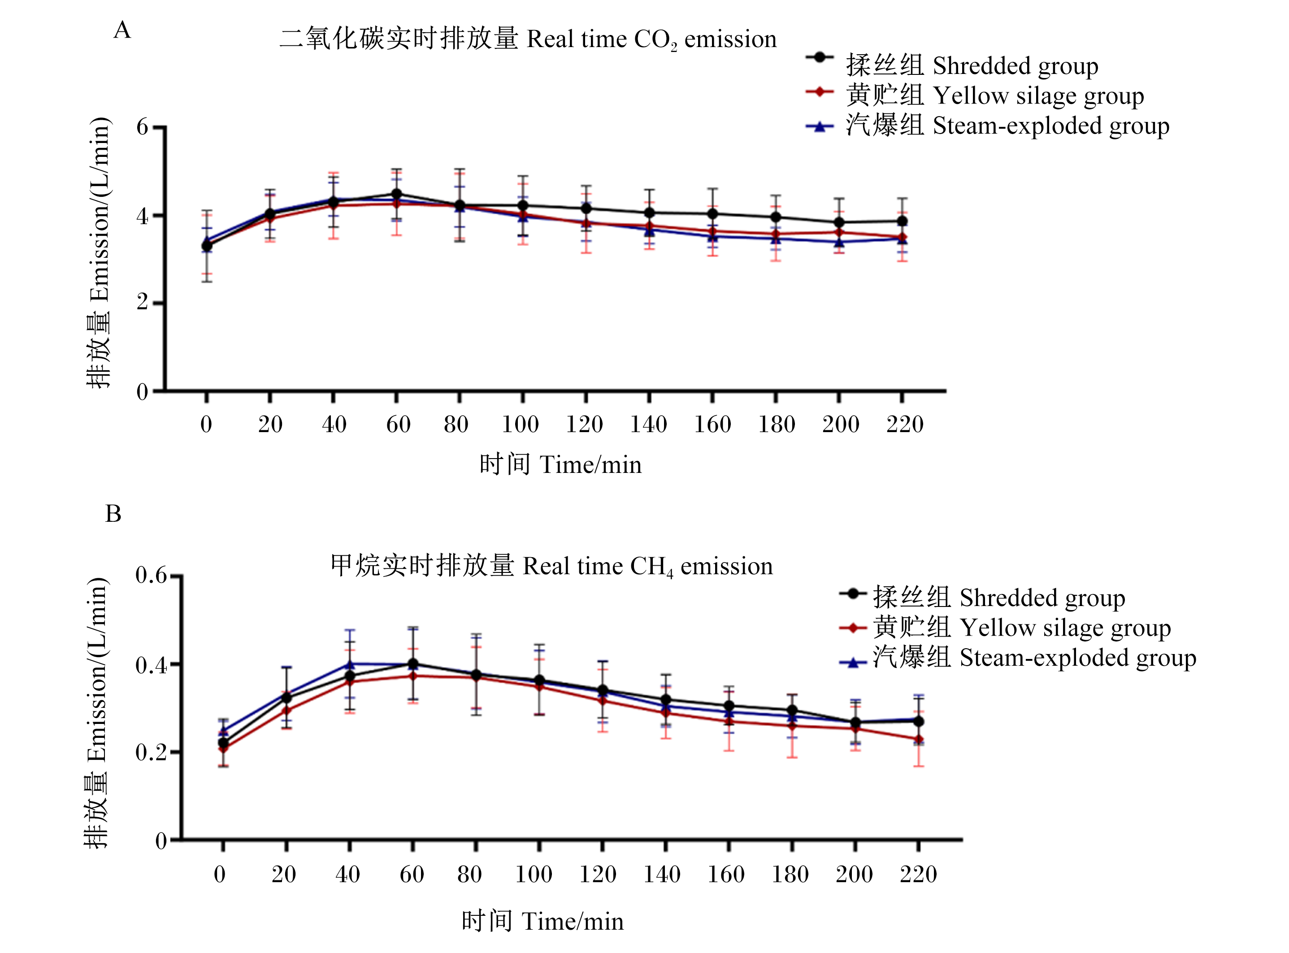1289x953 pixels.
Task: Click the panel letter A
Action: (122, 30)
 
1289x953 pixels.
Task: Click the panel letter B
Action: (113, 513)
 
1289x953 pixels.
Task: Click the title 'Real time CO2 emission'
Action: (651, 40)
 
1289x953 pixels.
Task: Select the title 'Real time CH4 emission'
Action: (647, 567)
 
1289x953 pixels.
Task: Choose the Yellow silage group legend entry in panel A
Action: (975, 95)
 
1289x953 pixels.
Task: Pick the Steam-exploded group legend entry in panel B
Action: (1018, 658)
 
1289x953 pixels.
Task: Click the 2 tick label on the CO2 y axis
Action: (143, 302)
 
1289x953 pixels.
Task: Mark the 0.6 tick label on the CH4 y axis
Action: (151, 575)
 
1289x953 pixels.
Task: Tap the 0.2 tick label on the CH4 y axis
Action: (151, 752)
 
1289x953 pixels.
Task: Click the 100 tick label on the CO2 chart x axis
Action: (520, 425)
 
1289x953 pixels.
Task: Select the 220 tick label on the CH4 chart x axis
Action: (918, 875)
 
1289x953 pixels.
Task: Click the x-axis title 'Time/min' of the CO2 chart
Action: (591, 465)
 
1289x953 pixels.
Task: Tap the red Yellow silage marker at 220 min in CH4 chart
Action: (919, 740)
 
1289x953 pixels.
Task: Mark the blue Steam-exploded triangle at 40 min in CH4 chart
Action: (350, 665)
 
